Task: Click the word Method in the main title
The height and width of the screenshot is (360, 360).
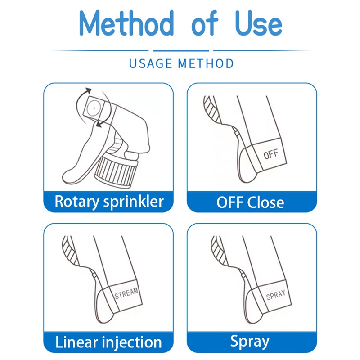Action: point(126,23)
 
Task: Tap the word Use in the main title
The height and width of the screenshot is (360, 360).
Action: point(259,23)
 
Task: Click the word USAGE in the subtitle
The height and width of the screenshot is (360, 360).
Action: point(151,63)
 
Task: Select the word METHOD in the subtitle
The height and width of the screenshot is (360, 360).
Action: point(206,63)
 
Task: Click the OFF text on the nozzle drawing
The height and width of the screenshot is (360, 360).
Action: point(271,154)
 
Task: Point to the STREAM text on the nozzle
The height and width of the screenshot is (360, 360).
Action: point(126,293)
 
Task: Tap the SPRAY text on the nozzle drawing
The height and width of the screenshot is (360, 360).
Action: point(276,295)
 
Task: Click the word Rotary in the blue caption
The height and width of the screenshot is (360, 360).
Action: point(77,202)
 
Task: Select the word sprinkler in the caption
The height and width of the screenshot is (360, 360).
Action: point(133,202)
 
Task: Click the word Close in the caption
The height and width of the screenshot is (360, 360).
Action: point(266,202)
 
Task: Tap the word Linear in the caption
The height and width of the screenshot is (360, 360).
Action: point(76,342)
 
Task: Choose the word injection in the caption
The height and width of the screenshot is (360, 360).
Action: point(132,342)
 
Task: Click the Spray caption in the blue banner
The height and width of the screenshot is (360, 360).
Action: point(250,342)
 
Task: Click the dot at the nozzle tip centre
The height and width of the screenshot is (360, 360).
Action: point(94,108)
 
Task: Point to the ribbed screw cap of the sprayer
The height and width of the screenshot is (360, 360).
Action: point(117,170)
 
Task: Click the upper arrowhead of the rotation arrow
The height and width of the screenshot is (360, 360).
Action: point(88,90)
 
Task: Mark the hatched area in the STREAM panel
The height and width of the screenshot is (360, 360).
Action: point(70,251)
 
